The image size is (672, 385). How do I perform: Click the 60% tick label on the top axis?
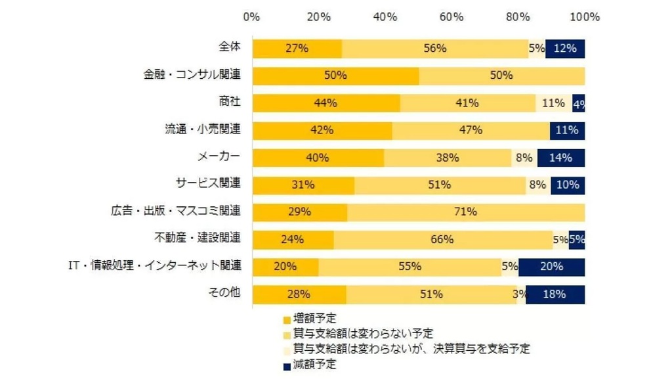point(451,17)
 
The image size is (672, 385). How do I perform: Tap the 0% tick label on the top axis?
point(252,17)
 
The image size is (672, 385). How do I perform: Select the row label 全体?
point(230,47)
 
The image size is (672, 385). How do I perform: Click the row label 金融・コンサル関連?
point(192,75)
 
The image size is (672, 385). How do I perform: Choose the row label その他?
point(225,293)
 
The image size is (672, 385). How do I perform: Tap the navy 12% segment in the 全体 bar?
point(565,49)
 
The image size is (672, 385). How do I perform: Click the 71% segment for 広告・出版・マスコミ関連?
point(466,212)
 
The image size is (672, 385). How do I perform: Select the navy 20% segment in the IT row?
point(551,267)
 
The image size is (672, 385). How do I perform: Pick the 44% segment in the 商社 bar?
point(326,103)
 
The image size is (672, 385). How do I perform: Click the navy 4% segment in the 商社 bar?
point(578,103)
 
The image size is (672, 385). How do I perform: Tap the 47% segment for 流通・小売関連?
point(471,130)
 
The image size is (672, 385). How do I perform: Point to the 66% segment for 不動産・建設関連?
point(442,239)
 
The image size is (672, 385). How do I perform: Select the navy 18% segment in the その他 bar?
point(555,294)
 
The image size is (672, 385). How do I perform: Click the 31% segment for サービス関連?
point(303,185)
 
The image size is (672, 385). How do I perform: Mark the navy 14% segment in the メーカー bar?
point(561,158)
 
